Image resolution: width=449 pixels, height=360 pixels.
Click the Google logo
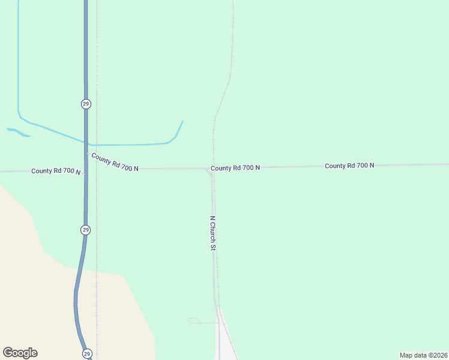tap(20, 353)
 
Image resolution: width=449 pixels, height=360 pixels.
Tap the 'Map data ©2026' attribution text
tap(423, 355)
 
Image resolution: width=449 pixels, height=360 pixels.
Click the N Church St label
tap(212, 233)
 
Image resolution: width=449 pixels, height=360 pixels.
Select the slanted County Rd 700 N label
tap(115, 162)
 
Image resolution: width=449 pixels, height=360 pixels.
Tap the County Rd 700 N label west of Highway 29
tap(56, 171)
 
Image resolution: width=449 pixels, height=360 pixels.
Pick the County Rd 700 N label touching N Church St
tap(235, 168)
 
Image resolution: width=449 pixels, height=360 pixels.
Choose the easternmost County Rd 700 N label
tap(349, 166)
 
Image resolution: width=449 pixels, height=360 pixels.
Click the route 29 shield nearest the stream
tap(86, 104)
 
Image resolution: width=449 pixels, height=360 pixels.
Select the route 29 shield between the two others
tap(86, 230)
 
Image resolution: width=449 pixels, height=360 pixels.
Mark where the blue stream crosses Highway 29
tap(86, 143)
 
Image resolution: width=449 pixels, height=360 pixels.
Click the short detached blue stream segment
tap(18, 133)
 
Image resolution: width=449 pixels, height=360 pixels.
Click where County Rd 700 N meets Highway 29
tap(86, 170)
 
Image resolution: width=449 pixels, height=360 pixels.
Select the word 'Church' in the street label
tap(212, 232)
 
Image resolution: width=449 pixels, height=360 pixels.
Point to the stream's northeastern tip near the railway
tap(182, 122)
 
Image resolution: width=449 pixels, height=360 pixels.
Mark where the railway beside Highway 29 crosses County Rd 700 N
tap(97, 170)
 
